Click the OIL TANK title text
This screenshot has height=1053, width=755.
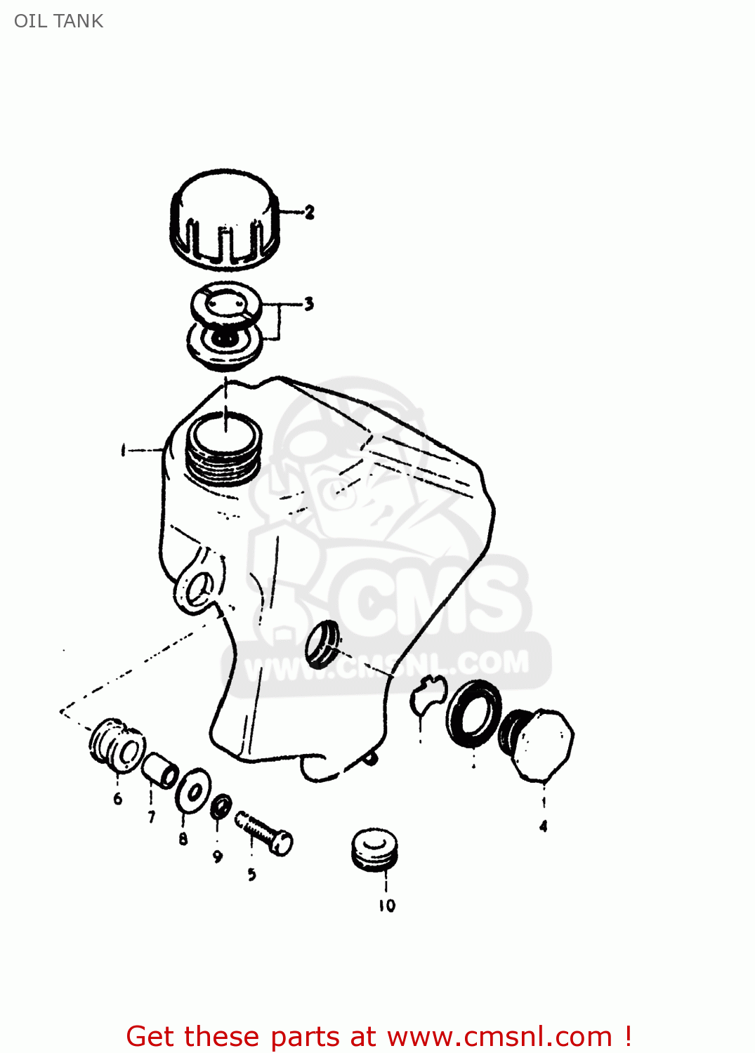coord(59,21)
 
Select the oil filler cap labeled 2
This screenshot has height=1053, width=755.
coord(225,219)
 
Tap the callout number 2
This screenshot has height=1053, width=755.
coord(310,212)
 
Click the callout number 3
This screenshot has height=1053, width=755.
coord(308,304)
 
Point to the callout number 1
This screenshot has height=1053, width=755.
coord(124,450)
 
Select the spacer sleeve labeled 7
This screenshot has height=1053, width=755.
coord(160,771)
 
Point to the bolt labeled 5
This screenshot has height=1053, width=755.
coord(265,833)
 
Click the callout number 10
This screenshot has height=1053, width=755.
coord(387,906)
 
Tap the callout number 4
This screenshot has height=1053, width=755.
coord(543,827)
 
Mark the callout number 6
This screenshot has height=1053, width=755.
coord(117,798)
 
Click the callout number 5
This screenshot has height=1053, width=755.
coord(251,875)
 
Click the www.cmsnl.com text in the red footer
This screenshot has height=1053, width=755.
coord(499,1036)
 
